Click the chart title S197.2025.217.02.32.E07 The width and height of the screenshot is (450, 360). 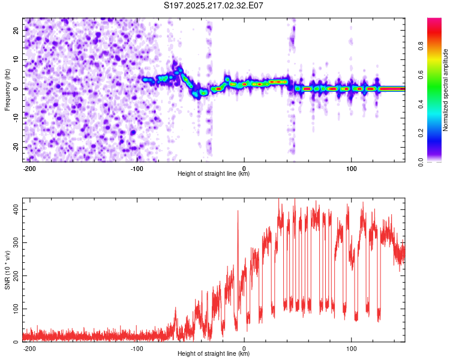(x=213, y=5)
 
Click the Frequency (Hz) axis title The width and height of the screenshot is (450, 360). (x=7, y=90)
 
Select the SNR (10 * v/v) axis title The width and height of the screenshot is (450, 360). (x=7, y=270)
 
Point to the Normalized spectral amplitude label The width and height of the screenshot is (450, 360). (x=445, y=90)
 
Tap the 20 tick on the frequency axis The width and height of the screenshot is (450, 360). (x=16, y=30)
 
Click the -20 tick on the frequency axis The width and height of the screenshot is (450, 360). (x=16, y=147)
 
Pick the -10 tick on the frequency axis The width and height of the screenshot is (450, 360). (x=16, y=118)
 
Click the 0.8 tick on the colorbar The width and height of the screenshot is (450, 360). (x=421, y=46)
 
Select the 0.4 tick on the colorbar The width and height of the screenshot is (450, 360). (x=421, y=104)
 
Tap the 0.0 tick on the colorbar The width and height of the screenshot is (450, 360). (x=421, y=162)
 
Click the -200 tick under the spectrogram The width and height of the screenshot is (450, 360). (x=29, y=169)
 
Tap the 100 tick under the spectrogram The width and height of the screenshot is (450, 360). (x=351, y=169)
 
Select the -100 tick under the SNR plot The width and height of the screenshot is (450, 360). (x=137, y=349)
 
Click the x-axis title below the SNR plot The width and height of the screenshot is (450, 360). (x=214, y=353)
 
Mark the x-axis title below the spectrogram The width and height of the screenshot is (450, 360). (x=214, y=173)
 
